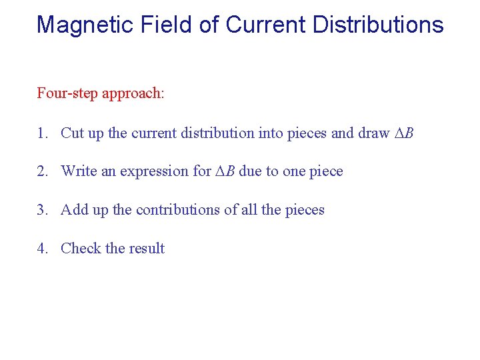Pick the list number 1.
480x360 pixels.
(41, 133)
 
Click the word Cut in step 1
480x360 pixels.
(72, 133)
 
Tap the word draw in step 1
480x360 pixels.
(373, 133)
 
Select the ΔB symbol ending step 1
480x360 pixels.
(404, 133)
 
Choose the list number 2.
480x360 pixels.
(41, 171)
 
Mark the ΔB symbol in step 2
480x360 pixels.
(225, 171)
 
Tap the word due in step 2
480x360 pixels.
(251, 171)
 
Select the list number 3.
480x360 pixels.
(41, 210)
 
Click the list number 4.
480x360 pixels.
(41, 249)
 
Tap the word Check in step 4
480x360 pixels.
(81, 249)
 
